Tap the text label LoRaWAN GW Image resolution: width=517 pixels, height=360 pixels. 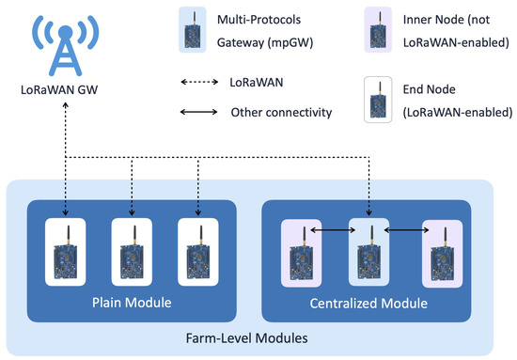tap(65, 91)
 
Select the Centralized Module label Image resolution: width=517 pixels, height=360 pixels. tap(368, 303)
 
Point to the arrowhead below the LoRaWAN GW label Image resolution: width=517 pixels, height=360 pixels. tap(65, 106)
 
